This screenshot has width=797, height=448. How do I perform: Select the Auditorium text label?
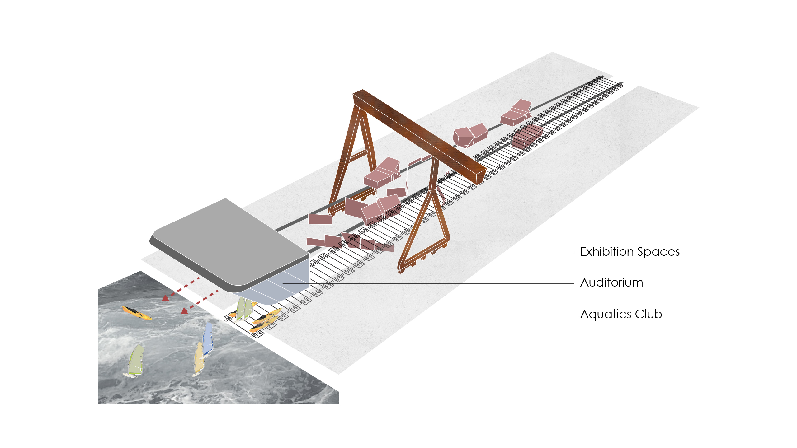(612, 282)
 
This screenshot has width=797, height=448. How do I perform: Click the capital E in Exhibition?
(584, 252)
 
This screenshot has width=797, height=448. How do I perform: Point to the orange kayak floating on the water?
(137, 313)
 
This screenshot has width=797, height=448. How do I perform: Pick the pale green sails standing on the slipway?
(244, 308)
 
